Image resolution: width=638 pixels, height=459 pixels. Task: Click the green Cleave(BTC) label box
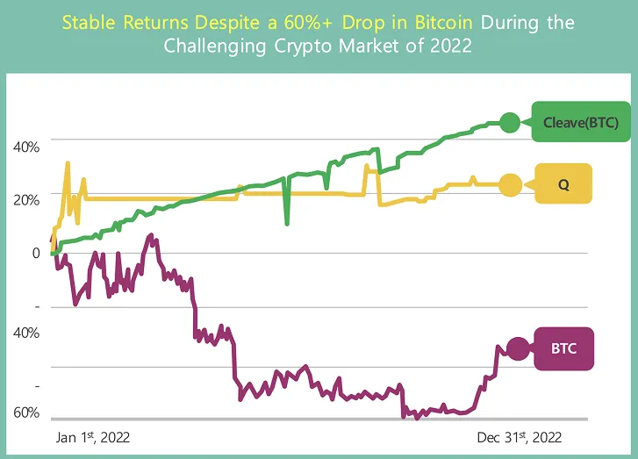coord(581,122)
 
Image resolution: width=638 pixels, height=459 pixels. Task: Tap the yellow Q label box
coord(563,183)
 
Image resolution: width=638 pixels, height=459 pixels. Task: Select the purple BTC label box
coord(564,348)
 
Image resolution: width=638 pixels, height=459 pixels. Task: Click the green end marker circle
coord(510,123)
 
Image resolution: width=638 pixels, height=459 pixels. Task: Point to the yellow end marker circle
coord(511,184)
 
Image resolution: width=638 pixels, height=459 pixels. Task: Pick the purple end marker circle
coord(518,348)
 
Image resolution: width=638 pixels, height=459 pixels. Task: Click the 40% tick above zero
coord(26,147)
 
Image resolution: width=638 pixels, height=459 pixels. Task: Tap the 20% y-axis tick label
coord(26,200)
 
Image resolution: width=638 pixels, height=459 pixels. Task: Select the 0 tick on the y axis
coord(36,253)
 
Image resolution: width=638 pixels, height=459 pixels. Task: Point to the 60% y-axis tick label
coord(26,412)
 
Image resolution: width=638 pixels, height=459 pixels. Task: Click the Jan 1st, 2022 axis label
coord(93,437)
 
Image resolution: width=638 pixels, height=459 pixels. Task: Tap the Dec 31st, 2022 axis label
coord(520,437)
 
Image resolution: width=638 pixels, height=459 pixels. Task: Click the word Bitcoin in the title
coord(444,23)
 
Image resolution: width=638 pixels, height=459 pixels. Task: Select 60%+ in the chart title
coord(308,23)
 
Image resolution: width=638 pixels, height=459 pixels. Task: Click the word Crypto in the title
coord(303,46)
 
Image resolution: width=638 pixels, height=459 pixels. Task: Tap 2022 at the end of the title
coord(451,46)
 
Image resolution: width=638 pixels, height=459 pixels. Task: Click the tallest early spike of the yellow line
coord(68,162)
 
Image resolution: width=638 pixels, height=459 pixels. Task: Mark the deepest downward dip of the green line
coord(287,224)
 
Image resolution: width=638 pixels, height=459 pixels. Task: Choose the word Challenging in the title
coord(214,46)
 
